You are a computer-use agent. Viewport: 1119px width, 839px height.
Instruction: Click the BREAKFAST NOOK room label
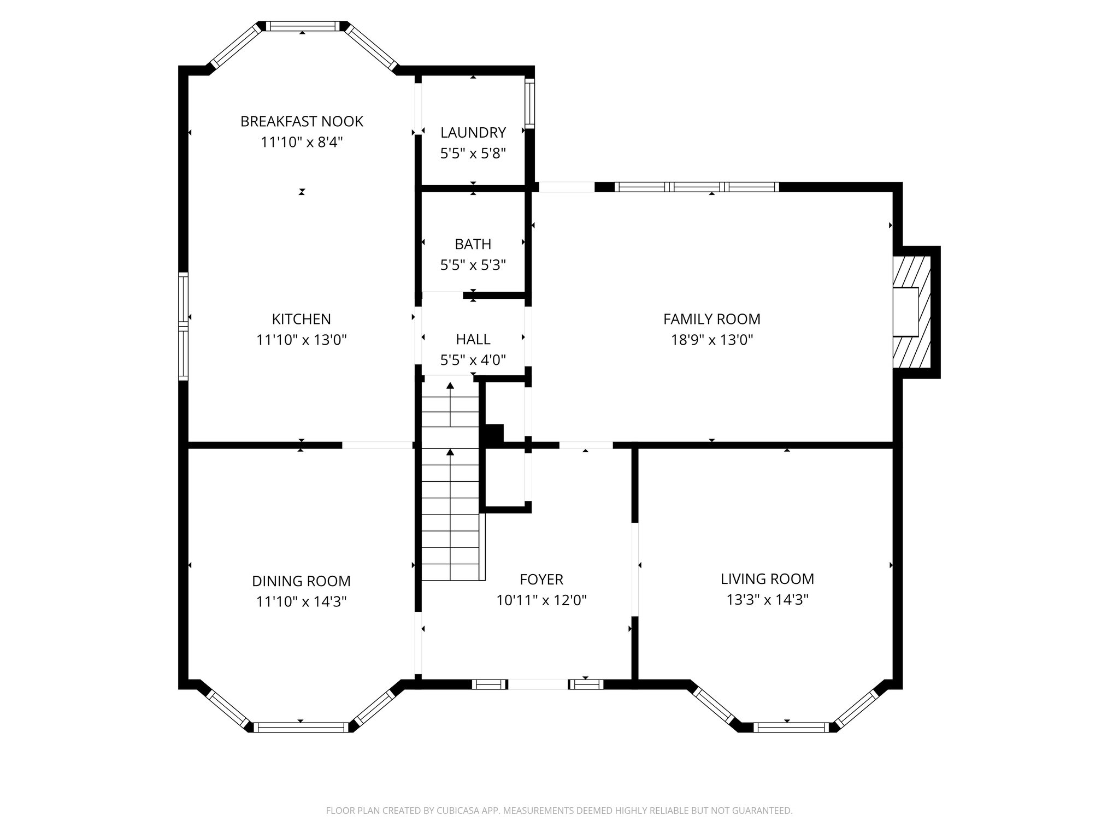pos(302,121)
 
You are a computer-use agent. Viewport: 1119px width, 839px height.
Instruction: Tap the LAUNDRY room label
pos(473,133)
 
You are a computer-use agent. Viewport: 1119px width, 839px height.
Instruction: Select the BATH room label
pos(473,244)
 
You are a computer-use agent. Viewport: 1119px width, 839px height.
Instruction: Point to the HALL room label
pos(473,339)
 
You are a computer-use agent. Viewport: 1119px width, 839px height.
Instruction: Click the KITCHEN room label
pos(302,319)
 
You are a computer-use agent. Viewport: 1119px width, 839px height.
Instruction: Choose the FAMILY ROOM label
pos(712,319)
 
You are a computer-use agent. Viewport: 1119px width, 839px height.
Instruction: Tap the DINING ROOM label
pos(302,581)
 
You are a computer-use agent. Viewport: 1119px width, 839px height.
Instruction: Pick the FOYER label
pos(541,579)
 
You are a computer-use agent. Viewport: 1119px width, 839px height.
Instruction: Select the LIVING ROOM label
pos(767,579)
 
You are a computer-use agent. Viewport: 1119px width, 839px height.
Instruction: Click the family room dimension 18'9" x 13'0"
pos(712,340)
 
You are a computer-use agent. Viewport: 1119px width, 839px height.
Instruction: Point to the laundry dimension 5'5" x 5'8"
pos(473,153)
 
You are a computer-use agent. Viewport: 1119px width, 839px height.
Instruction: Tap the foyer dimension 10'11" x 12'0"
pos(541,601)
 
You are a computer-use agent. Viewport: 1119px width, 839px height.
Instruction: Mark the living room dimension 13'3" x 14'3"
pos(767,600)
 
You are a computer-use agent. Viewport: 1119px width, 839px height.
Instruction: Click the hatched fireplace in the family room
pos(911,312)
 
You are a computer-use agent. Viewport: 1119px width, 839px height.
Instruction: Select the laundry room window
pos(529,103)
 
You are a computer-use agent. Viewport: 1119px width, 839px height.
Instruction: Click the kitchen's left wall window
pos(184,326)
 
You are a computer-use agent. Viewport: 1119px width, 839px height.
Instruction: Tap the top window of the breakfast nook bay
pos(303,26)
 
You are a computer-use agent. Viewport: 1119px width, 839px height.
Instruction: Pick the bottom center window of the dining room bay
pos(301,727)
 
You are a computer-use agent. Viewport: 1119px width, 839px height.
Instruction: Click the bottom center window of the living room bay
pos(791,726)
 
